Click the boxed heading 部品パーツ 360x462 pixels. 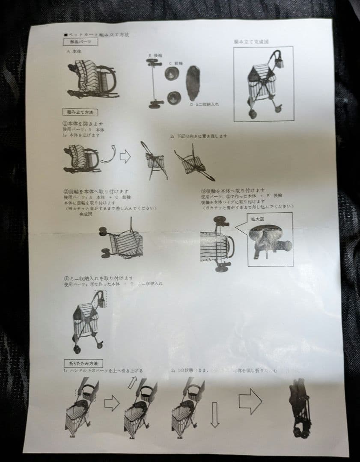pos(80,42)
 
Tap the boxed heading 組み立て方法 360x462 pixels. pos(80,112)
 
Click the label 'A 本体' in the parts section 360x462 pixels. pos(74,51)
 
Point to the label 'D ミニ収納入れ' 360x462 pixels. pos(205,104)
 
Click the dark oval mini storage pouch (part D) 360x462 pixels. pos(194,83)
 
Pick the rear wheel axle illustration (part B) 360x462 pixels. pos(154,83)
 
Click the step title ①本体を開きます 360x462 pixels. pos(83,123)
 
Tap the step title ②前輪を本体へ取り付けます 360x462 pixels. pos(96,192)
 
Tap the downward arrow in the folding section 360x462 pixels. pos(214,415)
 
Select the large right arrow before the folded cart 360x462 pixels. pos(250,401)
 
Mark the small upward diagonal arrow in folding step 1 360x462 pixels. pos(133,382)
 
